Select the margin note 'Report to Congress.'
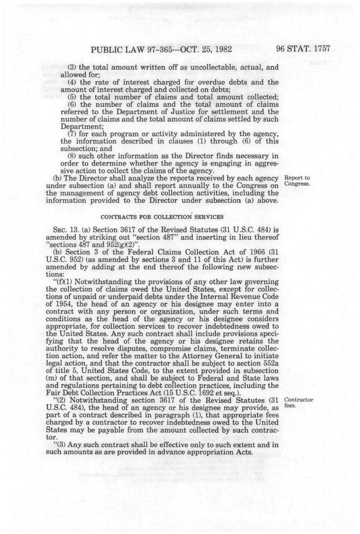tap(297, 181)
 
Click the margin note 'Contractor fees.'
tap(298, 402)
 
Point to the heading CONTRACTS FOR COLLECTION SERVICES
tap(162, 217)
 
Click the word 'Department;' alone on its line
tap(76, 126)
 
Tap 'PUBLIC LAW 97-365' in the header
tap(129, 49)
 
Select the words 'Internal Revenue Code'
tap(241, 297)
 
